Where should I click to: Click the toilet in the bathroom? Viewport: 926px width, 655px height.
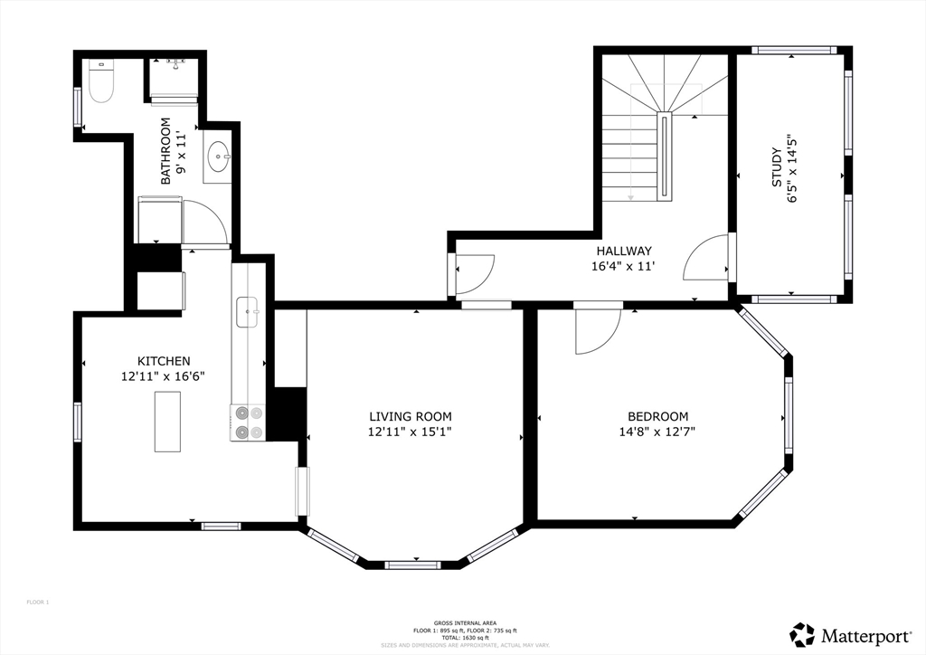pyautogui.click(x=100, y=82)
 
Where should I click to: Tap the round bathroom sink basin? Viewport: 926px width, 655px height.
pyautogui.click(x=217, y=159)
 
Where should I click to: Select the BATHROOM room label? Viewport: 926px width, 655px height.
pyautogui.click(x=165, y=151)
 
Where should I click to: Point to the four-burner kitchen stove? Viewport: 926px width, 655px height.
pyautogui.click(x=248, y=422)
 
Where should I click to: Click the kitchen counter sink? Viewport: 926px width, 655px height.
pyautogui.click(x=247, y=311)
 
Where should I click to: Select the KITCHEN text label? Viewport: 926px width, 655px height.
pyautogui.click(x=164, y=361)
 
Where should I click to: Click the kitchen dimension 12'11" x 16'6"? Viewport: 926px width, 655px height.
pyautogui.click(x=164, y=376)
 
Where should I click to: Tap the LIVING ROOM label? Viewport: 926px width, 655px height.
pyautogui.click(x=410, y=416)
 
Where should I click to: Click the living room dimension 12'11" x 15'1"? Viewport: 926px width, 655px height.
pyautogui.click(x=410, y=432)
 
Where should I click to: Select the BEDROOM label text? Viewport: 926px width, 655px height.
pyautogui.click(x=657, y=416)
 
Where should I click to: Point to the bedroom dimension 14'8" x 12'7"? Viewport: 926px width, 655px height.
pyautogui.click(x=657, y=432)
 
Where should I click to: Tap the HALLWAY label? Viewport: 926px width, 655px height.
pyautogui.click(x=623, y=251)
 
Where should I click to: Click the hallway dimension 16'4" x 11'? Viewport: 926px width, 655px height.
pyautogui.click(x=623, y=266)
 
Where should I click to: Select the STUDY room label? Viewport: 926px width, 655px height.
pyautogui.click(x=776, y=167)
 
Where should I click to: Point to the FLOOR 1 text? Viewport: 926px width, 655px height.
pyautogui.click(x=37, y=602)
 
